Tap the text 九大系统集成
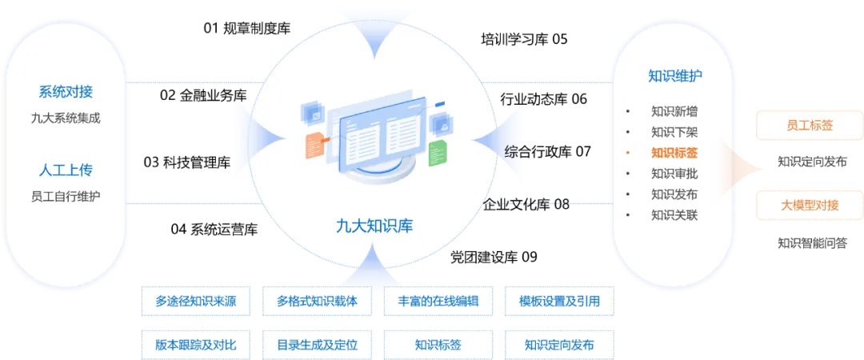click(x=66, y=118)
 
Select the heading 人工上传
click(x=66, y=170)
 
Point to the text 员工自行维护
click(x=66, y=196)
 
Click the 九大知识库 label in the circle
click(x=374, y=226)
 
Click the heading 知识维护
click(x=675, y=77)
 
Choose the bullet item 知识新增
click(x=674, y=111)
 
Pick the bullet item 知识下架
click(x=674, y=132)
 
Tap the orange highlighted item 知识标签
click(x=674, y=153)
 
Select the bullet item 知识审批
click(x=674, y=174)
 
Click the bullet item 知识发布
click(x=674, y=194)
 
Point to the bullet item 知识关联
click(x=674, y=215)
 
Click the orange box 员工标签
click(x=810, y=126)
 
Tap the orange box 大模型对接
click(x=810, y=206)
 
